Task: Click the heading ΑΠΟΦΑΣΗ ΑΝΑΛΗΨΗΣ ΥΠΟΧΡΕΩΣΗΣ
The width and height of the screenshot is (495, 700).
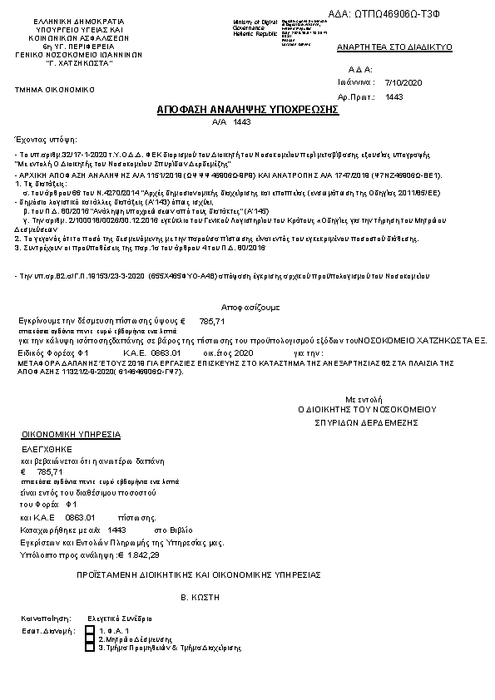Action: [247, 109]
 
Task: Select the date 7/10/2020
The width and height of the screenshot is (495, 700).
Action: [405, 83]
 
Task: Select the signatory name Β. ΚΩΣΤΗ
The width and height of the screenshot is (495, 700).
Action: [200, 597]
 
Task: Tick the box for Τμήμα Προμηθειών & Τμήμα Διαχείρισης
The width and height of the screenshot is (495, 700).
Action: [90, 646]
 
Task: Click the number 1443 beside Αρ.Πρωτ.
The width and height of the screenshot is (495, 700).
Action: [394, 96]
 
